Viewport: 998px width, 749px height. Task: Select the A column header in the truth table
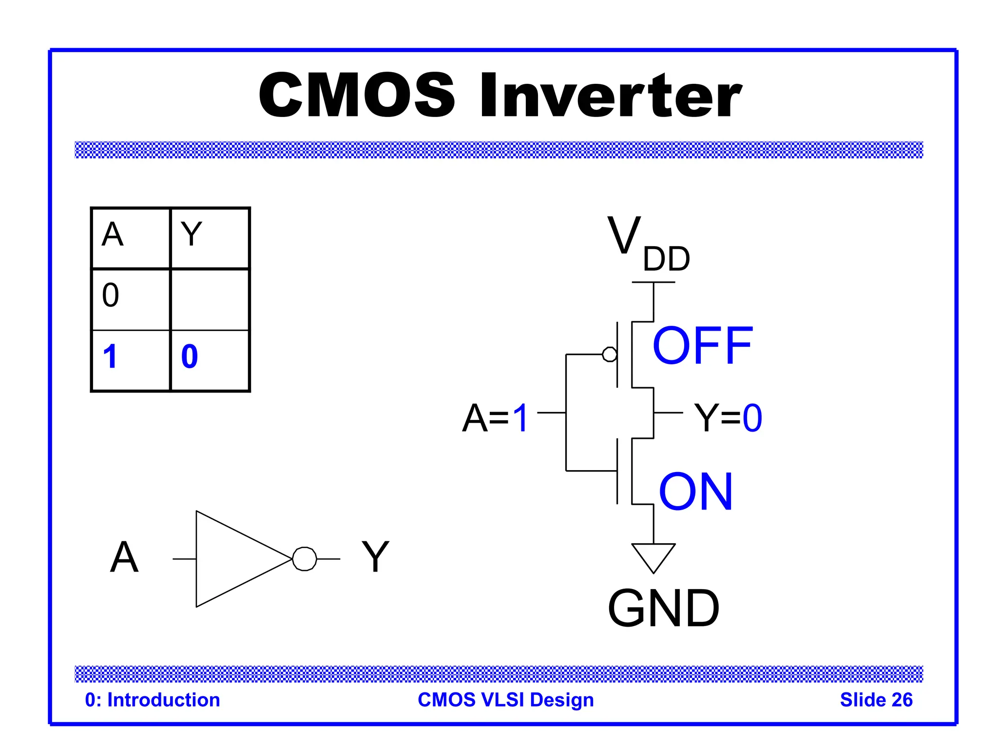(113, 235)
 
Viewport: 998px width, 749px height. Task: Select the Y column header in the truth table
(191, 235)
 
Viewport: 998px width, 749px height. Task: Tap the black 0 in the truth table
(111, 295)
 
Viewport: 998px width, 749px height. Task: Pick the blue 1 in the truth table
(111, 356)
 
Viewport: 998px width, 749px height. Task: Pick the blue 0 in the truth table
(190, 356)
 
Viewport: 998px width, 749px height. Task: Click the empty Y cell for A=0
(210, 299)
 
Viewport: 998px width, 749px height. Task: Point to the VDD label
(648, 244)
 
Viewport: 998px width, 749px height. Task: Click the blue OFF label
(702, 346)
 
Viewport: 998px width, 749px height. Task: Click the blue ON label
(695, 493)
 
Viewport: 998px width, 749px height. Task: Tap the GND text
(663, 608)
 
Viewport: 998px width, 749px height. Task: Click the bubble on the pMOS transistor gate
(609, 355)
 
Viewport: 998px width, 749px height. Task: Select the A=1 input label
(495, 418)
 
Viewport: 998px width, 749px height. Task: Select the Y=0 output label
(728, 418)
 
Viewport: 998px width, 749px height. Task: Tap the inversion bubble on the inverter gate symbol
(305, 559)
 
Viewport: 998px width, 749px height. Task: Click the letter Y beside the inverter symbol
(375, 557)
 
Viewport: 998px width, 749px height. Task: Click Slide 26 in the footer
(876, 700)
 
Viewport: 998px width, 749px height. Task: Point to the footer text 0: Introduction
(153, 700)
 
